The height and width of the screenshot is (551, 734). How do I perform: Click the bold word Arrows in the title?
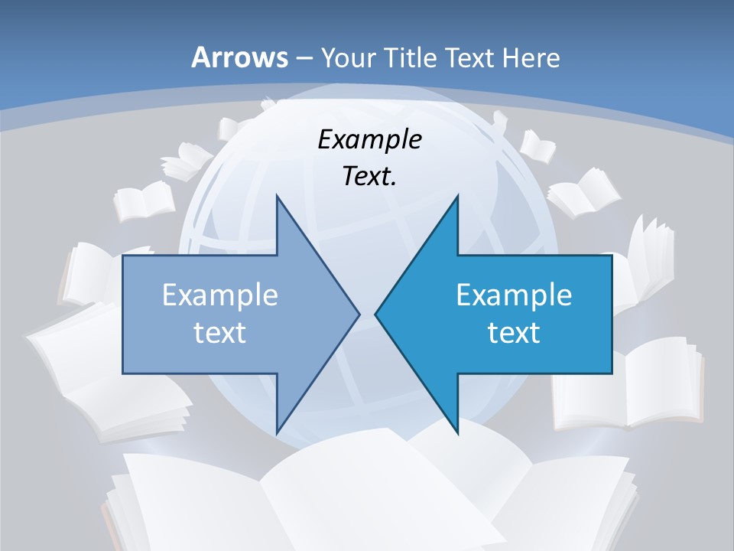(x=239, y=57)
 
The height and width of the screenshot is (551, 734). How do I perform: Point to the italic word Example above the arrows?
(x=369, y=140)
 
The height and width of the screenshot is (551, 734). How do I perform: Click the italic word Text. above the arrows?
(x=369, y=177)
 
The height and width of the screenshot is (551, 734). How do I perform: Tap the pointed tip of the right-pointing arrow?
(x=359, y=314)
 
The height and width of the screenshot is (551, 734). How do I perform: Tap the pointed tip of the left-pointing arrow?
(x=376, y=314)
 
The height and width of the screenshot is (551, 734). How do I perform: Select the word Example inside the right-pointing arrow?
(x=220, y=295)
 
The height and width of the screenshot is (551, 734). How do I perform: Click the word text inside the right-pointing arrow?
(x=220, y=332)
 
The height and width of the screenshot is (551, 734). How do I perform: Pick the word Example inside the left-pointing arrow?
(x=514, y=295)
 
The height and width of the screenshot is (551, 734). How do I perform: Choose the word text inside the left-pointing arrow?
(x=514, y=332)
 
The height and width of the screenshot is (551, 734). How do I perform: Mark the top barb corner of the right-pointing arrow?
(x=277, y=196)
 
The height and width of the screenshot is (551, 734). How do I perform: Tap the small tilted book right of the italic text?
(x=538, y=145)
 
